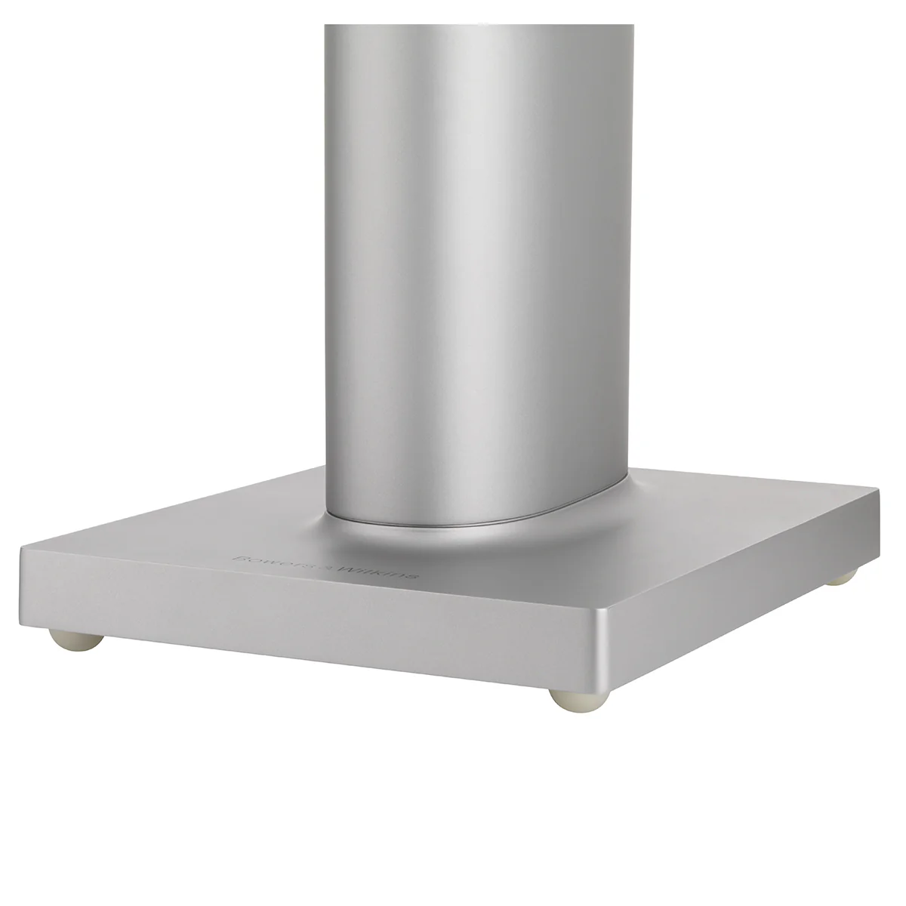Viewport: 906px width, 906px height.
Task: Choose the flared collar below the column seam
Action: pyautogui.click(x=483, y=540)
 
